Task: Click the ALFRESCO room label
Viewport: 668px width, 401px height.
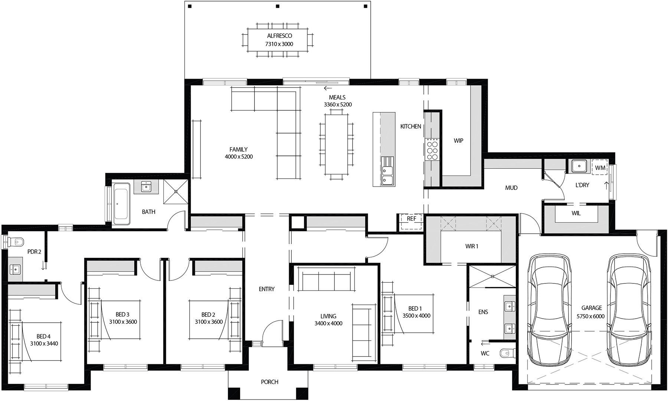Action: (x=279, y=36)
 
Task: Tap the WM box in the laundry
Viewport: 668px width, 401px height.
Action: (x=600, y=168)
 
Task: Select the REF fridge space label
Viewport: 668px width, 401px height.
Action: (x=411, y=219)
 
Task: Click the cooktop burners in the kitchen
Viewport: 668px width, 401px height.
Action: (x=432, y=149)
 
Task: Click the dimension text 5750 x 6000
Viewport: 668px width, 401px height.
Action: (x=590, y=316)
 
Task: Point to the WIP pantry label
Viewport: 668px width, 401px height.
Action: (x=458, y=141)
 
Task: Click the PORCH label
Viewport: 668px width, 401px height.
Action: (x=269, y=382)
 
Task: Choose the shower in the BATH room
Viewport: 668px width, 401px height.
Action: (x=176, y=191)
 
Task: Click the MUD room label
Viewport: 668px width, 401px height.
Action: (x=511, y=188)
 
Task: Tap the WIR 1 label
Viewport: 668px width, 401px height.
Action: (x=472, y=246)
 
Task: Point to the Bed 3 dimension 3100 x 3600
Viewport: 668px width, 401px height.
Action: (x=123, y=322)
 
